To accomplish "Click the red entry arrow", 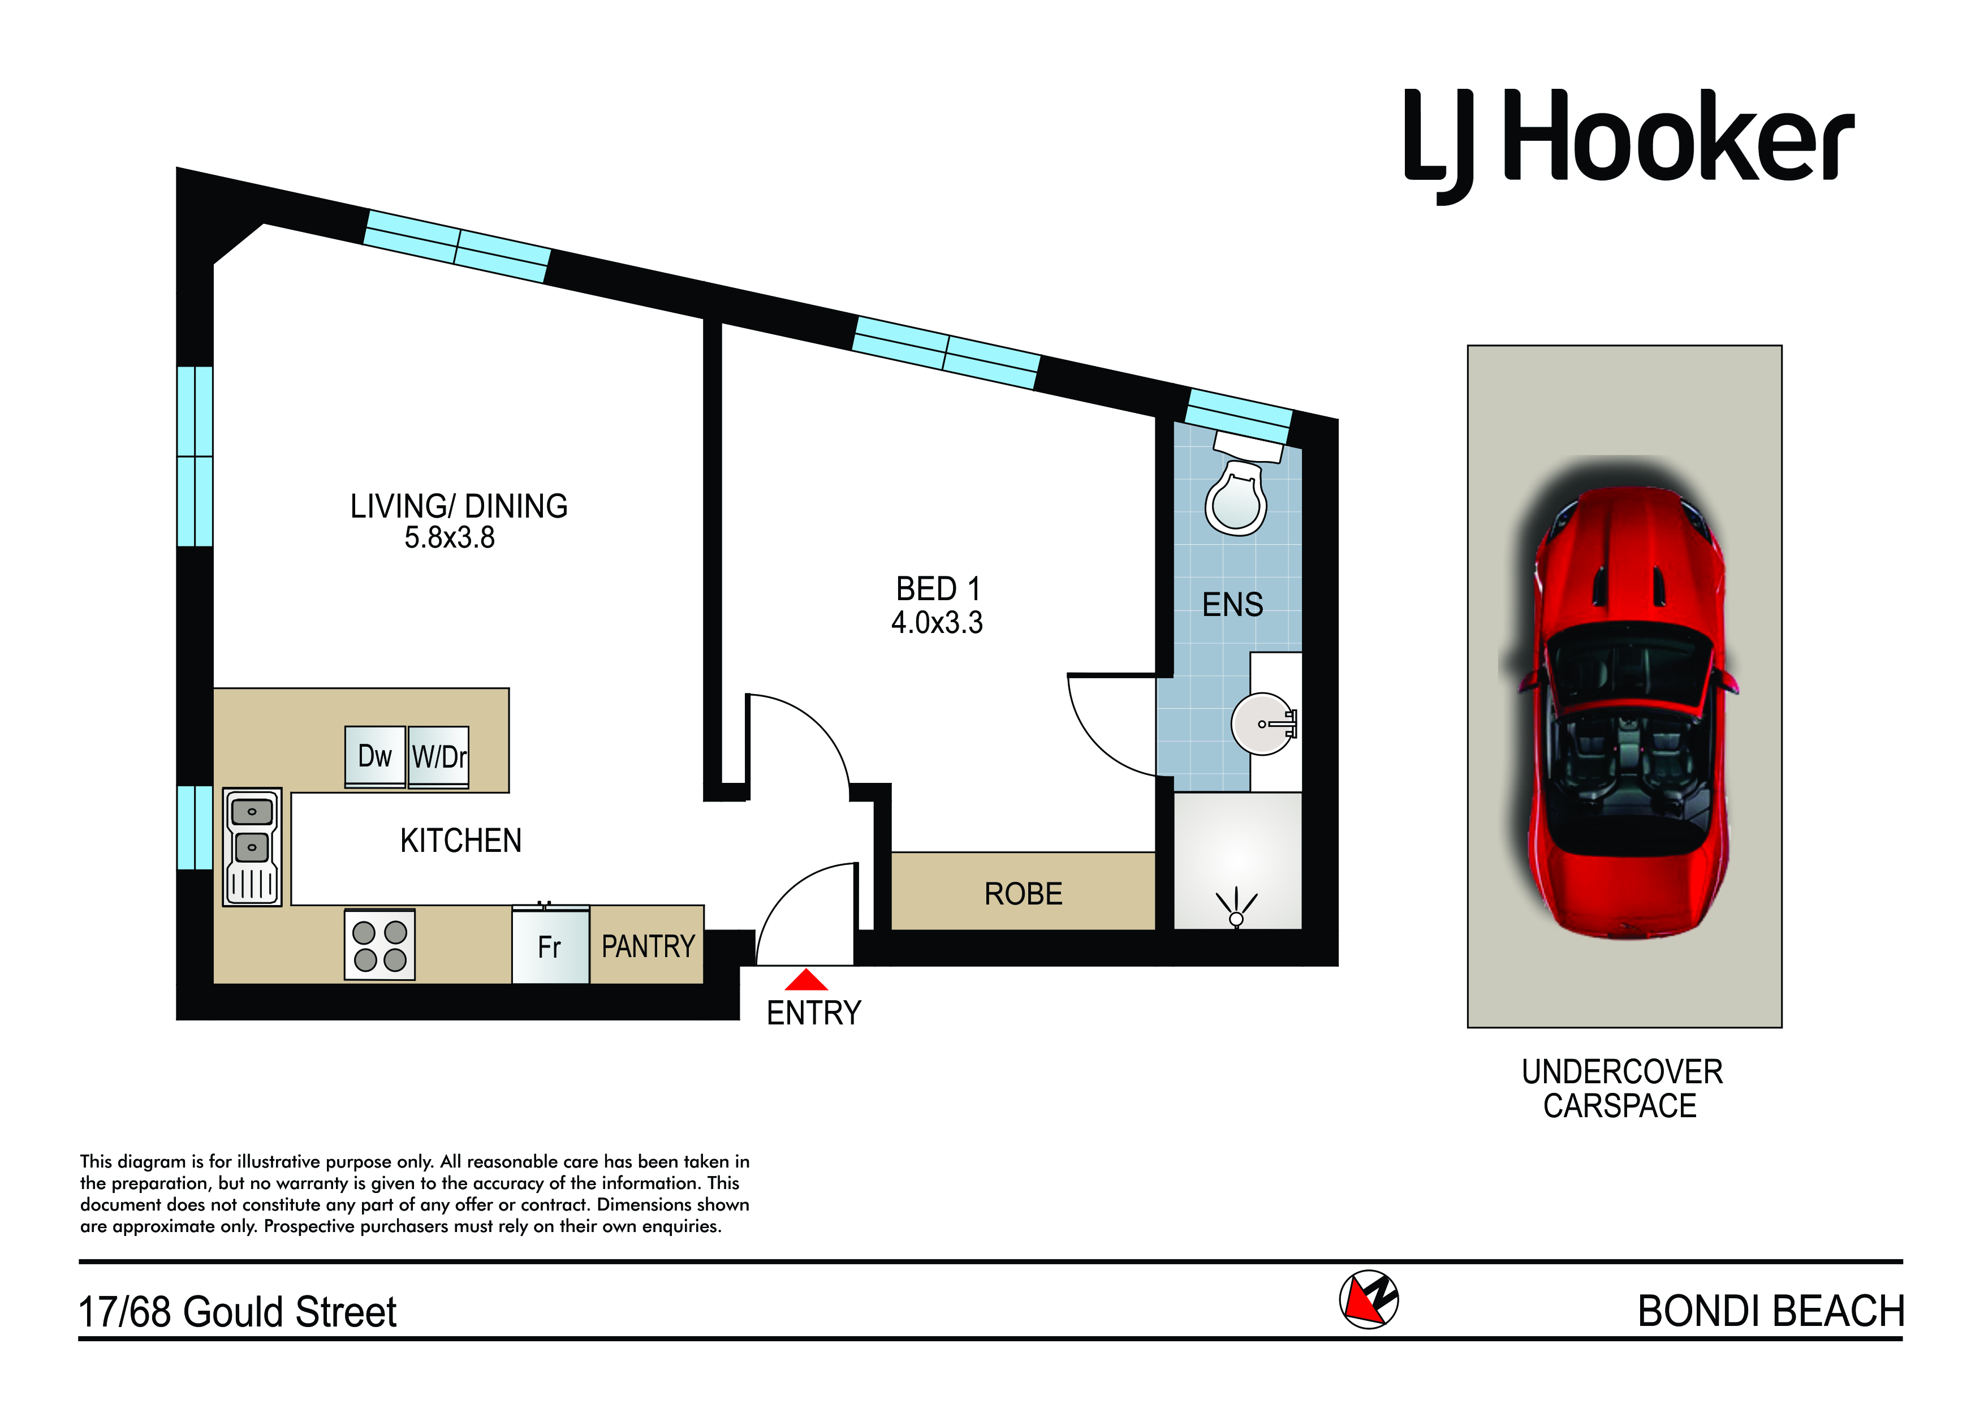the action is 806,980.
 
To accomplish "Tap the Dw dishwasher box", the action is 375,756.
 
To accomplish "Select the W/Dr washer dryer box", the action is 439,756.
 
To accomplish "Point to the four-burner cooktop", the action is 380,945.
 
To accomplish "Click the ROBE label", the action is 1023,894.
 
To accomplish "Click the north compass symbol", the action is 1369,1299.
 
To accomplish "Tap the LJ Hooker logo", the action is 1629,145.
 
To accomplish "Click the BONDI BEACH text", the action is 1771,1311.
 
